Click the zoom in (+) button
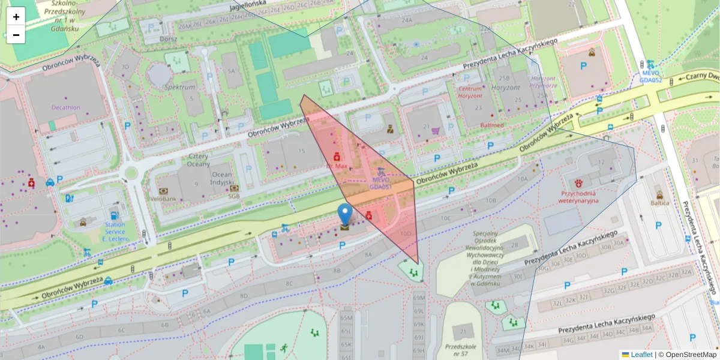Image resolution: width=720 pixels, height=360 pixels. click(16, 17)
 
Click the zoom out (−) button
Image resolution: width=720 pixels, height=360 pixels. click(16, 35)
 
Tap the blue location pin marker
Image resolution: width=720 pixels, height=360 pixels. click(345, 214)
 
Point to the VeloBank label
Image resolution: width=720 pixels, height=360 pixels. click(163, 198)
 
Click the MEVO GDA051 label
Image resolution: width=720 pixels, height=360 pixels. click(380, 183)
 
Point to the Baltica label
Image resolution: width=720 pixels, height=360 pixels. click(660, 203)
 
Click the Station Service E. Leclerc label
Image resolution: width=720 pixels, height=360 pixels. click(115, 232)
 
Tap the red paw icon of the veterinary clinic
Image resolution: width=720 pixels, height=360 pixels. click(579, 182)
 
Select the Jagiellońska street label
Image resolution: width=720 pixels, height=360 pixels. click(247, 7)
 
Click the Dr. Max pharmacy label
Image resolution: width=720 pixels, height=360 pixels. click(337, 165)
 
